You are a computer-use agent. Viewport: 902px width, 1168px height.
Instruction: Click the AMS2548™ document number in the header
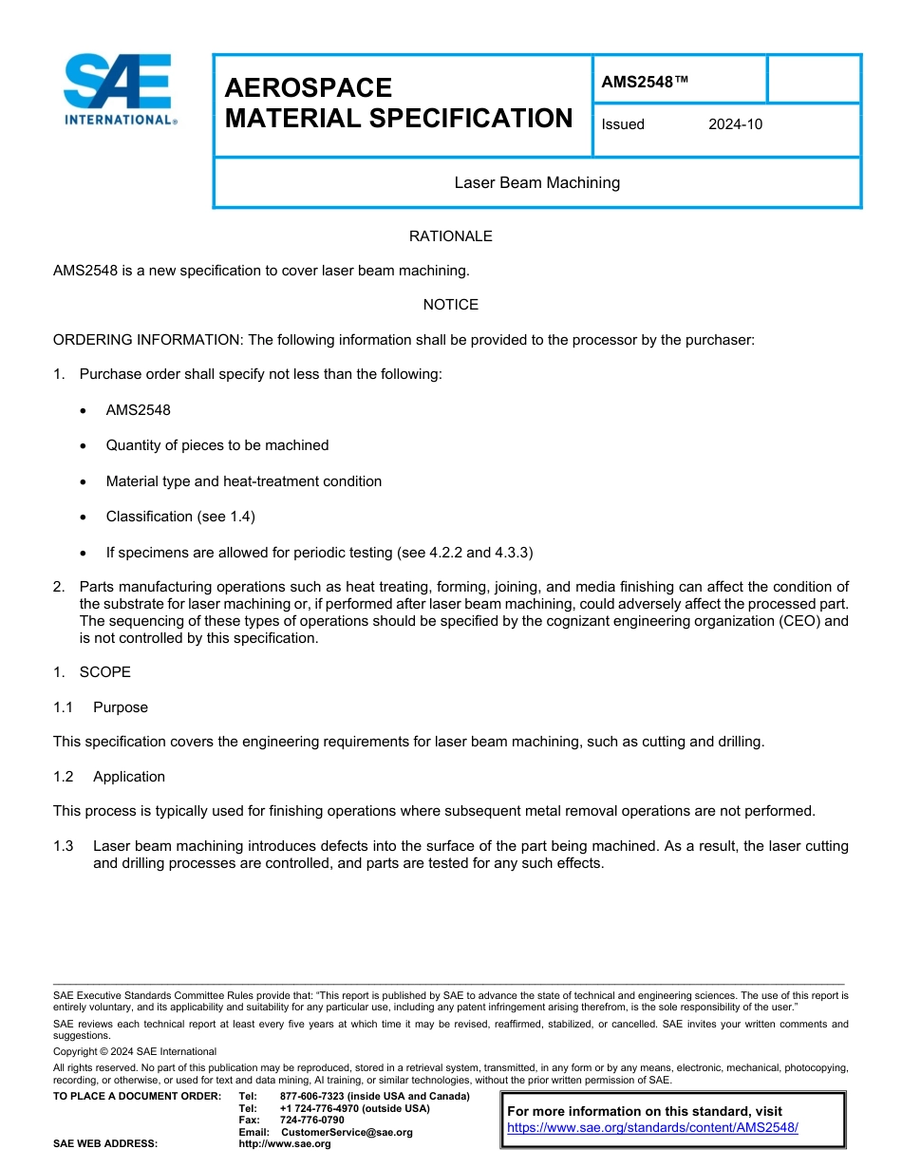645,82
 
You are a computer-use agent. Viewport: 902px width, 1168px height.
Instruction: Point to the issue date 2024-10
735,124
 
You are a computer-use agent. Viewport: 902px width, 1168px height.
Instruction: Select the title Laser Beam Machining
536,182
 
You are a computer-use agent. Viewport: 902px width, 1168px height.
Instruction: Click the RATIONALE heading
450,236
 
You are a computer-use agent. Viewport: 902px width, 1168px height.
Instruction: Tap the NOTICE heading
450,305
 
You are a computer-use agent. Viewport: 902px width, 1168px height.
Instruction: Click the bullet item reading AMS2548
139,410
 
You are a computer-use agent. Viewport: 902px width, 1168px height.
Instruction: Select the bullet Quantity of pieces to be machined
217,445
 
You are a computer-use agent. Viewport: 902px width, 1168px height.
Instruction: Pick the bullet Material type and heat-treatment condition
244,481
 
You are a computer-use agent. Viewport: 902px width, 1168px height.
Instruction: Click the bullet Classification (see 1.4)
180,517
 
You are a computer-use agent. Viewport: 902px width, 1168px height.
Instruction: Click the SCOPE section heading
104,672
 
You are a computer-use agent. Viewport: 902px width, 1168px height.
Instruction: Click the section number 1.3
64,846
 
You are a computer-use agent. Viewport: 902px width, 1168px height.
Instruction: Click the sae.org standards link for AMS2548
652,1128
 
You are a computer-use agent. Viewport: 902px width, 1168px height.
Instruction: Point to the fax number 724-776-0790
312,1121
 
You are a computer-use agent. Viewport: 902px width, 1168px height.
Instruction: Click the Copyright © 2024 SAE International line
135,1052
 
